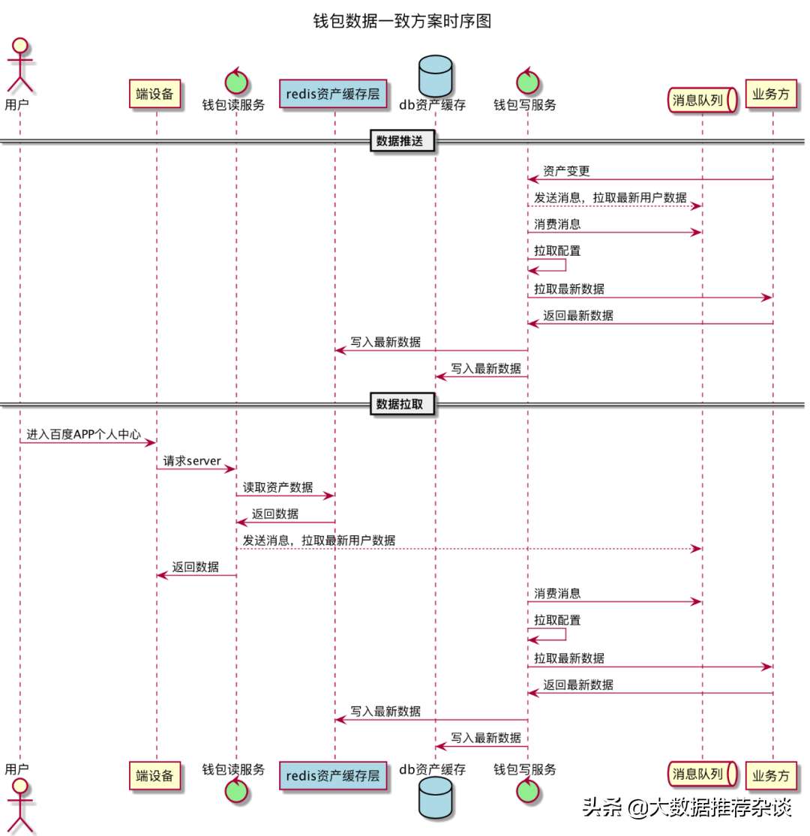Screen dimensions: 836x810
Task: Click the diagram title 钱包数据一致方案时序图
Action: point(402,20)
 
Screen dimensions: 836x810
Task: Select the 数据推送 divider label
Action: point(403,139)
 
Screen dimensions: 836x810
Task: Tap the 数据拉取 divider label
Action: point(403,404)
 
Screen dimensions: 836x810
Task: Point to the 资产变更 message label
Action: point(566,172)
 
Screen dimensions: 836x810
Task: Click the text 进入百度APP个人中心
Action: point(84,434)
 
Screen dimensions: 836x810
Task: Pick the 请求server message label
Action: point(193,460)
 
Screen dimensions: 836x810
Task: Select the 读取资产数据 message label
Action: point(277,487)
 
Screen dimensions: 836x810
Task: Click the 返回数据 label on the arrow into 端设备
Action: point(195,567)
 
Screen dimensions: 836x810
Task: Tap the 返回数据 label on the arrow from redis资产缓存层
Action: point(274,514)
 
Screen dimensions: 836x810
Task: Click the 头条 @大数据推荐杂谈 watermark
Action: point(687,808)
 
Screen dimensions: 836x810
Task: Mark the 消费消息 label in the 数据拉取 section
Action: point(557,593)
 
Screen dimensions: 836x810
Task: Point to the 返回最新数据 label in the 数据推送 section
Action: point(578,316)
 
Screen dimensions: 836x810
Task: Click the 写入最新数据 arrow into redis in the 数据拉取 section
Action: point(431,720)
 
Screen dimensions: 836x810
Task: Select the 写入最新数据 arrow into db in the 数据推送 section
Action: point(481,376)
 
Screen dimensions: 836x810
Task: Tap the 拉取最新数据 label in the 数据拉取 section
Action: point(569,658)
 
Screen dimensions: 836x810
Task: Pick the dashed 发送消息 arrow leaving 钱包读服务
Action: point(469,549)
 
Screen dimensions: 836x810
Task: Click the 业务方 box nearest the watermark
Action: point(771,775)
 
